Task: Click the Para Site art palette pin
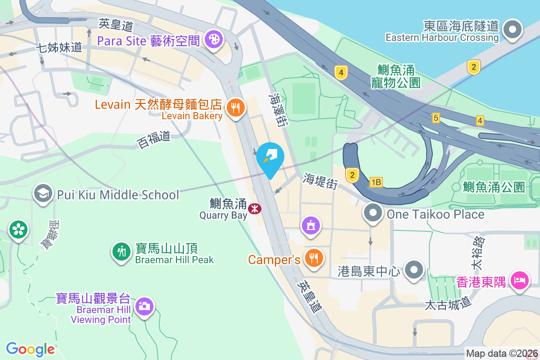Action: point(213,40)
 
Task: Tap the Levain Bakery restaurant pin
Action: point(234,108)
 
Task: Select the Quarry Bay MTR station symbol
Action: point(255,208)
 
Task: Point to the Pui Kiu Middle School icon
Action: point(43,194)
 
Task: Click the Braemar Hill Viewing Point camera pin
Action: point(144,306)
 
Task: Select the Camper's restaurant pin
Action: point(312,258)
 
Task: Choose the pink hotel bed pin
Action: point(519,281)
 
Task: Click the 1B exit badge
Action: point(376,182)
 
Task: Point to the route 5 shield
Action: point(435,118)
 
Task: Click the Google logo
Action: point(30,349)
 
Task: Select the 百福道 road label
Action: point(154,139)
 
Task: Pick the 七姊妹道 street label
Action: point(59,47)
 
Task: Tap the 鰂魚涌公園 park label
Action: point(494,187)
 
